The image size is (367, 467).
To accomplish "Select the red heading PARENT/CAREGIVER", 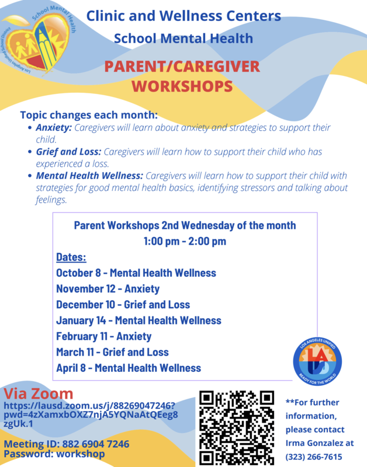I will click(182, 67).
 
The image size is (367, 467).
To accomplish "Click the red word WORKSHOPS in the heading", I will click(182, 86).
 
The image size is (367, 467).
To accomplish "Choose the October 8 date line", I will click(136, 273).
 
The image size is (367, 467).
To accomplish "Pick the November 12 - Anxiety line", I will click(108, 288).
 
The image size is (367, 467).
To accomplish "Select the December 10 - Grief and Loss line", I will click(123, 304).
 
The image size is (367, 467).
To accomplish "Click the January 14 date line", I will click(139, 320).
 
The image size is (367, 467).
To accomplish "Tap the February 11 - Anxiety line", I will click(103, 336).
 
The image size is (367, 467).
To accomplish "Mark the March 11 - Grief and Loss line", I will click(112, 352).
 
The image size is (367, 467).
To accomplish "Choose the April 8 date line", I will click(129, 368).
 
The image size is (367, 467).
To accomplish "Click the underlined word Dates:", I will click(71, 257).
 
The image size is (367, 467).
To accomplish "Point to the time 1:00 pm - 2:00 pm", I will click(185, 241).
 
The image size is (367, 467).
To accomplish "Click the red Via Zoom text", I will click(39, 393).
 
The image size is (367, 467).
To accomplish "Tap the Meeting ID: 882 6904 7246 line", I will click(67, 444).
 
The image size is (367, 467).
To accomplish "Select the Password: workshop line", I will click(54, 454).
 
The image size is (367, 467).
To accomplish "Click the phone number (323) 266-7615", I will click(314, 456).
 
